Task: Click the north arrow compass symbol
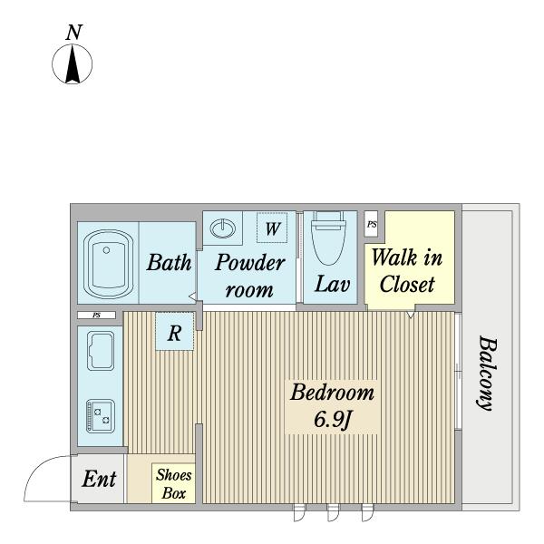(73, 64)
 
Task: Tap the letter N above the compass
(74, 33)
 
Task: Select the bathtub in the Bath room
(108, 264)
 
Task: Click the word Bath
(169, 262)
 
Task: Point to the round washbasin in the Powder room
(223, 228)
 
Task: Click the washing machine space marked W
(272, 228)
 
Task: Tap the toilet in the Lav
(328, 238)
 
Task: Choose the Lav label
(332, 284)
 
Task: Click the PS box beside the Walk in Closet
(371, 224)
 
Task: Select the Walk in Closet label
(407, 271)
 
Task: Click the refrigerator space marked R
(174, 332)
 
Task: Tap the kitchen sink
(101, 351)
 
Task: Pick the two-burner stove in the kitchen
(101, 416)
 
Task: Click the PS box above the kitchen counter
(96, 316)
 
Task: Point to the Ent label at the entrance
(99, 479)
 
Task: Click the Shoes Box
(173, 483)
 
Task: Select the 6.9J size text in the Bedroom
(333, 420)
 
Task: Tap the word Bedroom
(333, 393)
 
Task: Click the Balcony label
(486, 373)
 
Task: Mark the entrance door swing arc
(38, 469)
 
